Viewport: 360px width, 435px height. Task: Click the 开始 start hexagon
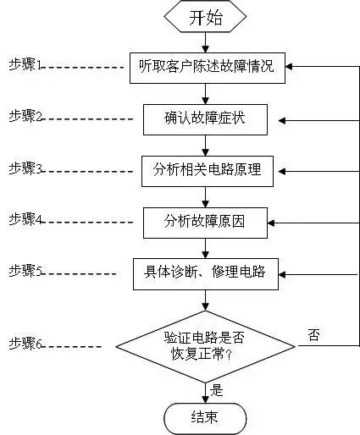coord(206,16)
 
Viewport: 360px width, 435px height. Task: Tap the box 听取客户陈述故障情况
coord(207,66)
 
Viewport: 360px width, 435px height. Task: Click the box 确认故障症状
coord(205,119)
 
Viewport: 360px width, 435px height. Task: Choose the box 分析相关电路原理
coord(207,170)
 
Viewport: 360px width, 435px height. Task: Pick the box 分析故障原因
coord(205,223)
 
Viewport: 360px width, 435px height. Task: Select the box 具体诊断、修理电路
coord(205,273)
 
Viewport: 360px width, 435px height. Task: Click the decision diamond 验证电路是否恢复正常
coord(205,345)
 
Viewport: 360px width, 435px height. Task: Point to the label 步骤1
coord(26,64)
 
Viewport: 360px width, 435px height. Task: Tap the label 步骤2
coord(26,116)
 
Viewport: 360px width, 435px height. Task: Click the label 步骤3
coord(26,169)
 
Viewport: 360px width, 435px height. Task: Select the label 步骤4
coord(26,219)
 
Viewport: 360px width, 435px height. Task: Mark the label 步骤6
coord(26,344)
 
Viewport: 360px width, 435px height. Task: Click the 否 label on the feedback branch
coord(313,335)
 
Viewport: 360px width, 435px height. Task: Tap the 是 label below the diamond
coord(217,390)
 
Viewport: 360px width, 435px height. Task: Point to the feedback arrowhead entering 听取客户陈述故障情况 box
coord(290,66)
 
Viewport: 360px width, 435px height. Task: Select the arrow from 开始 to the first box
coord(206,42)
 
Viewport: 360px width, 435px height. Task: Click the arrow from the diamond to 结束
coord(206,390)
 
